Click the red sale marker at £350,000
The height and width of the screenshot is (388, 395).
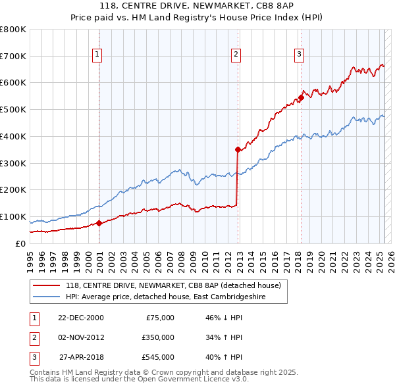coord(238,149)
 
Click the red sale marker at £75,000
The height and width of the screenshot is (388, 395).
coord(99,223)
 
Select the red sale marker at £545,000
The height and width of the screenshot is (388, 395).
coord(301,97)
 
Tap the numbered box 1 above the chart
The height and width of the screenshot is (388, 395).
coord(97,55)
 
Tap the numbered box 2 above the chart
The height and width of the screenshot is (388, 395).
coord(235,55)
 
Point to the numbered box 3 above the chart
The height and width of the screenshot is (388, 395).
coord(299,55)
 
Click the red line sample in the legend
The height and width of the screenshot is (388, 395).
coord(46,285)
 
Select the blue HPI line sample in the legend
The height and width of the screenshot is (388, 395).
coord(46,297)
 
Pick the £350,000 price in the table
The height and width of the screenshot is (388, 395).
coord(158,337)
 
